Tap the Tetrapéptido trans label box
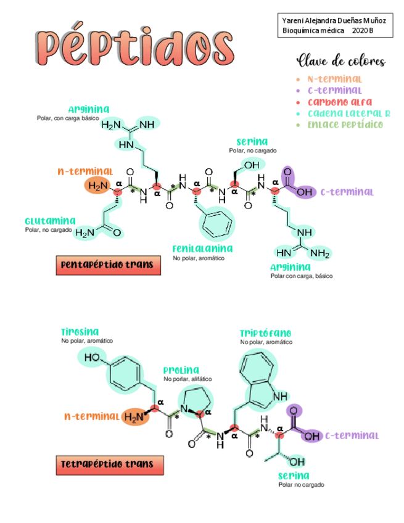[x=109, y=464]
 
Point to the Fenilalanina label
[x=202, y=249]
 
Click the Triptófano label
[x=266, y=334]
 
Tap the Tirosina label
[x=80, y=332]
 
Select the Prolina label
[x=181, y=370]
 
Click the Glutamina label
[x=50, y=220]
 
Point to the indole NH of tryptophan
[x=279, y=397]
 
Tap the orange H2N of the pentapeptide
[x=97, y=186]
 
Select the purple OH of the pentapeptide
[x=303, y=192]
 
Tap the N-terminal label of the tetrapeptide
[x=91, y=416]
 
